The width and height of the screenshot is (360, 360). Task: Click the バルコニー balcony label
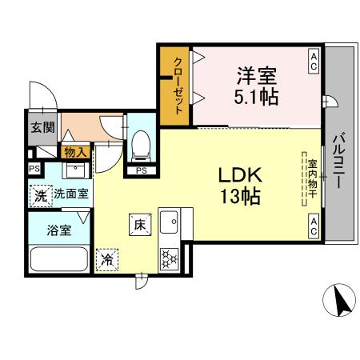point(338,159)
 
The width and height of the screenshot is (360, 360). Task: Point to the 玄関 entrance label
point(42,127)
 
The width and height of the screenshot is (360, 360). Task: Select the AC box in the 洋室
point(314,62)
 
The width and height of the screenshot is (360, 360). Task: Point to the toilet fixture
point(141,144)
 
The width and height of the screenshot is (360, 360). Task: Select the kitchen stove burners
point(170,257)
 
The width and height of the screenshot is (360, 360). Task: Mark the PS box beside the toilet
point(141,170)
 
